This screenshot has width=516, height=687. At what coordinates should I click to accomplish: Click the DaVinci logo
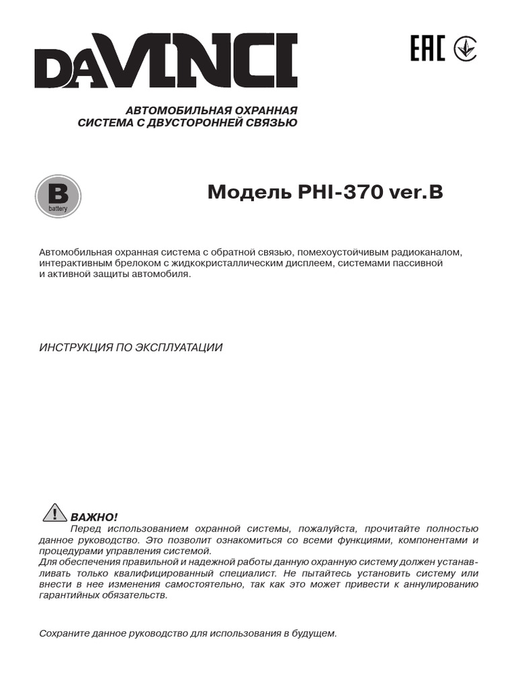pyautogui.click(x=167, y=61)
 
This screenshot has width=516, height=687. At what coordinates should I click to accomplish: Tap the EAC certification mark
pyautogui.click(x=427, y=49)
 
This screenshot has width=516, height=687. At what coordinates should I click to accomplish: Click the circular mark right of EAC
pyautogui.click(x=465, y=49)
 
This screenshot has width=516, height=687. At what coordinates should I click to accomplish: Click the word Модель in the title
pyautogui.click(x=248, y=193)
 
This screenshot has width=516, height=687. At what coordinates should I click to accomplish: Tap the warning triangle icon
pyautogui.click(x=52, y=514)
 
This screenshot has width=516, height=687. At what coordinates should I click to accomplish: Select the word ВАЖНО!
pyautogui.click(x=93, y=517)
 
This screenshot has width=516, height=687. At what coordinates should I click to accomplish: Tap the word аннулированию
pyautogui.click(x=437, y=584)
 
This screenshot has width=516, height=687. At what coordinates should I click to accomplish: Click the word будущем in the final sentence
pyautogui.click(x=314, y=633)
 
